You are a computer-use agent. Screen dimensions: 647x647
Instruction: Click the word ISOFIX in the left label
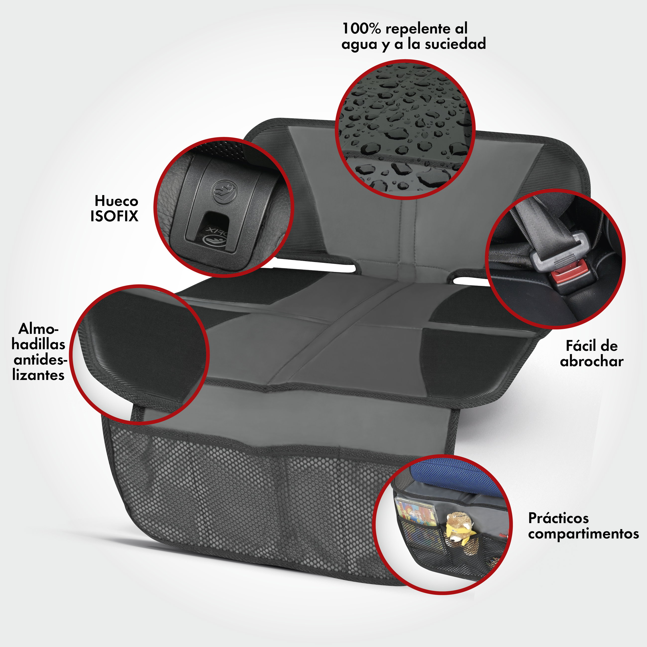click(114, 216)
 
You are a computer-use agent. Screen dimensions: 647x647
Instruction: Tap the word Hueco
click(116, 201)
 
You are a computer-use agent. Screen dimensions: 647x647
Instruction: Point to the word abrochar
click(592, 361)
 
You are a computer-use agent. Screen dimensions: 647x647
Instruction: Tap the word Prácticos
click(558, 518)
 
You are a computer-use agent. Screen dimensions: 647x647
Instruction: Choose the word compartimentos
click(583, 534)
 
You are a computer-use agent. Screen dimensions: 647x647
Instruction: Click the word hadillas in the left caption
click(38, 344)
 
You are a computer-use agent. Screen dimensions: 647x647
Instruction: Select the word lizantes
click(38, 375)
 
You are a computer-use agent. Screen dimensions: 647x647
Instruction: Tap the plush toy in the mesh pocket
click(460, 532)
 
